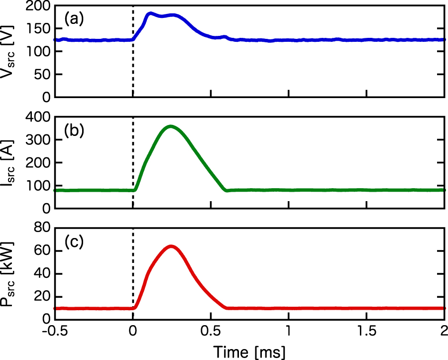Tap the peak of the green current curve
[x=171, y=126]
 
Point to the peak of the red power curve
[x=171, y=246]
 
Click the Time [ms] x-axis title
[x=249, y=352]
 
